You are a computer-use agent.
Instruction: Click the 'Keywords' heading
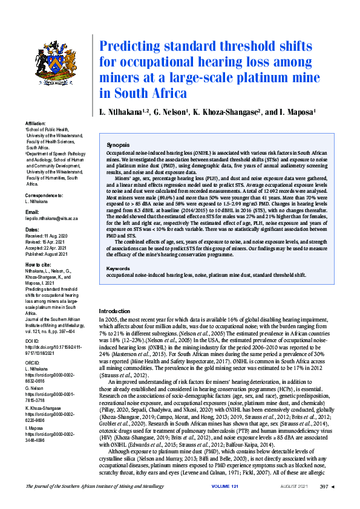[118, 268]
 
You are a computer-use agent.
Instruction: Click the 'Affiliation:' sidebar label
[37, 123]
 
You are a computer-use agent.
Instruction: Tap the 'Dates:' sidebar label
[32, 230]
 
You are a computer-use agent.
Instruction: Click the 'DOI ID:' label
[33, 341]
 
